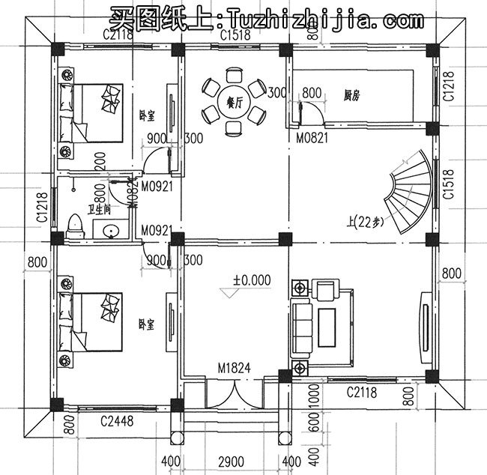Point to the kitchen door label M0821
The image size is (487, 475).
(312, 139)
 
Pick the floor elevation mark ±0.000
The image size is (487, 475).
(251, 279)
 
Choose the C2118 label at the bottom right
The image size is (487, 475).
(361, 392)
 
